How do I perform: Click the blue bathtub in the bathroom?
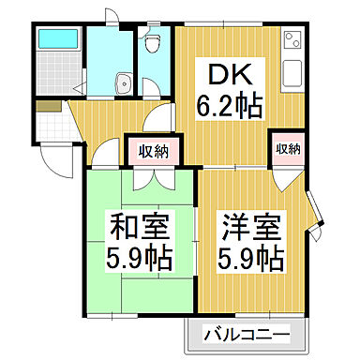point(58,40)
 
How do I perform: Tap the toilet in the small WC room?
point(154,40)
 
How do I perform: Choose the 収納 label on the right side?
point(288,148)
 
